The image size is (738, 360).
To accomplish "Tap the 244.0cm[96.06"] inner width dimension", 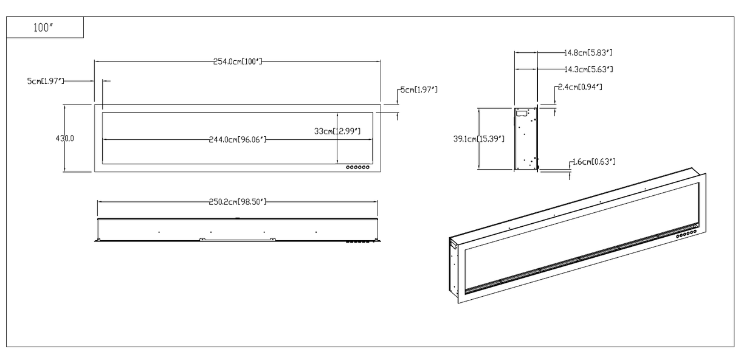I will pos(237,140).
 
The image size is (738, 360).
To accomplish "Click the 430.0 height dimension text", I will pos(65,139).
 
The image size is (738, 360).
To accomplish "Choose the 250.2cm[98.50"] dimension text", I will pos(238,201).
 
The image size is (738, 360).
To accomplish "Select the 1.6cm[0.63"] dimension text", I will pos(593,162).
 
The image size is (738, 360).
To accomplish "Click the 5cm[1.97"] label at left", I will pos(45,81).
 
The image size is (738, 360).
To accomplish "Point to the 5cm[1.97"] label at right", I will pos(418,90).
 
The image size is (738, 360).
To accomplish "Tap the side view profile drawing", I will pos(526,139).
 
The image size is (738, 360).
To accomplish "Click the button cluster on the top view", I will pos(357,241).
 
